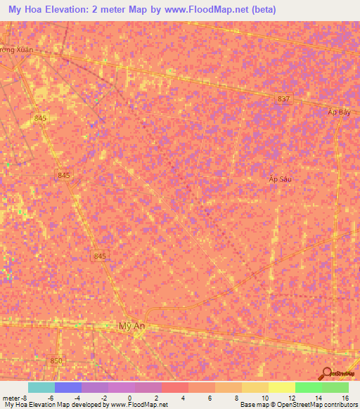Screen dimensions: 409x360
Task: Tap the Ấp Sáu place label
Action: (x=279, y=179)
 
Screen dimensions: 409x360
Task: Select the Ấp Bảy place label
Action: (x=339, y=112)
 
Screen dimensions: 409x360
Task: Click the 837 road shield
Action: (x=283, y=99)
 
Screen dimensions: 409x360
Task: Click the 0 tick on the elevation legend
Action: (x=129, y=398)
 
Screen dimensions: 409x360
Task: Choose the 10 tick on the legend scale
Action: (x=264, y=398)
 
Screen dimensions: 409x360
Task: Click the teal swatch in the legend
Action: (x=41, y=387)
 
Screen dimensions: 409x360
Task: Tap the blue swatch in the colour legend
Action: (x=67, y=387)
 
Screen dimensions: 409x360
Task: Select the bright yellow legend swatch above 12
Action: (x=281, y=387)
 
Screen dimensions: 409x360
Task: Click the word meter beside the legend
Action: (x=13, y=398)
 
